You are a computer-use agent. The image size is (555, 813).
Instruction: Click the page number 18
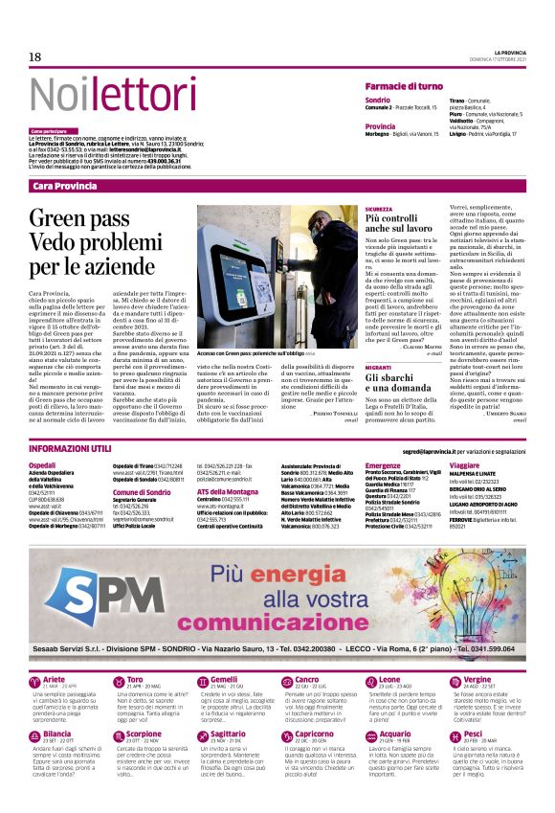coord(34,57)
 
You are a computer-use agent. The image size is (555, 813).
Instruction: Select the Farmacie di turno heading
coord(404,86)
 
